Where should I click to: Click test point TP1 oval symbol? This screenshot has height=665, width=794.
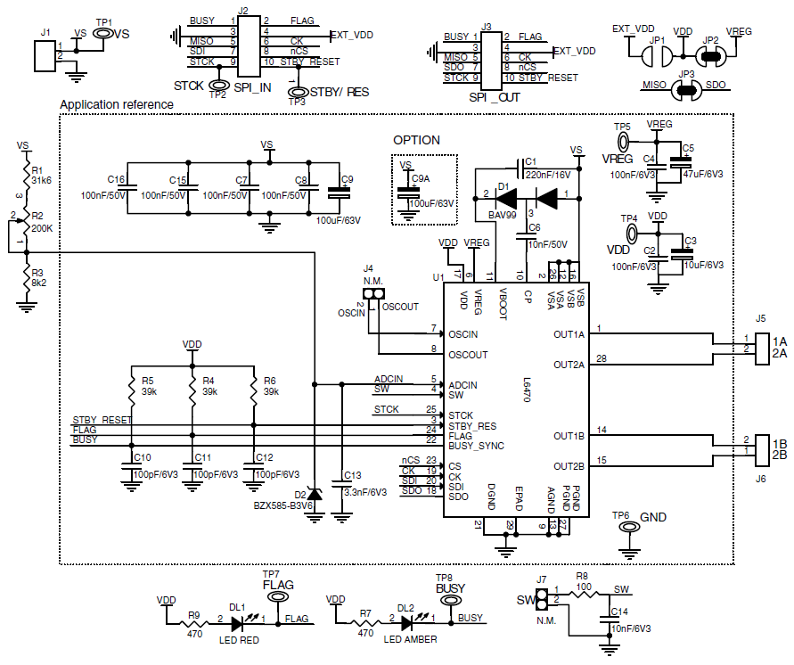tap(104, 34)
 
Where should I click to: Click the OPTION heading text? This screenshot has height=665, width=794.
tap(417, 140)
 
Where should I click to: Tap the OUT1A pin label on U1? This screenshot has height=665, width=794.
tap(569, 335)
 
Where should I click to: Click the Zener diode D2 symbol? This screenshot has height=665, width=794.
tap(314, 493)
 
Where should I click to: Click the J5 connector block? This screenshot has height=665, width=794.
tap(762, 349)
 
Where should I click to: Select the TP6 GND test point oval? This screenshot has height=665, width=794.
tap(629, 528)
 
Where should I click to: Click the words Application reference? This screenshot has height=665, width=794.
tap(116, 104)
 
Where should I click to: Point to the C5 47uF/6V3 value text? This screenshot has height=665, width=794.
tap(704, 175)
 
